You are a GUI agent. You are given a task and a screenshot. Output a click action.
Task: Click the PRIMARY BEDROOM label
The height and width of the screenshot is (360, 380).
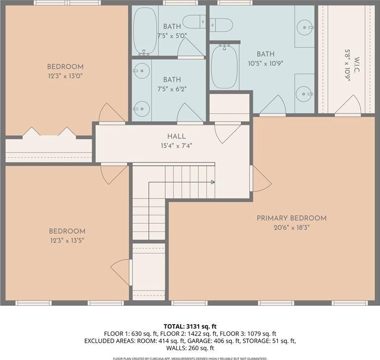click(291, 218)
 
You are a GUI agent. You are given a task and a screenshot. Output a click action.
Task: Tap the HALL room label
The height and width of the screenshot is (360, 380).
click(176, 136)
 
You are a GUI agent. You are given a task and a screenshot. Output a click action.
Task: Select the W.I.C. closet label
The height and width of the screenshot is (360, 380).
click(356, 65)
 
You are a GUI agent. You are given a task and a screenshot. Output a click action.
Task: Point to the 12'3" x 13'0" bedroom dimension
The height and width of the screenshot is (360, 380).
click(65, 76)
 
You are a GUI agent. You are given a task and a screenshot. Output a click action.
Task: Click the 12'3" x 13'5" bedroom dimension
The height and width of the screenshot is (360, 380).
click(67, 240)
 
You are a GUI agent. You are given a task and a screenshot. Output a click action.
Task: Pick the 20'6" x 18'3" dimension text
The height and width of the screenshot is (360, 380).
click(292, 228)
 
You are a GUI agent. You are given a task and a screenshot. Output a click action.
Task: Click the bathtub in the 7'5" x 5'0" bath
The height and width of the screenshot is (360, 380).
click(145, 30)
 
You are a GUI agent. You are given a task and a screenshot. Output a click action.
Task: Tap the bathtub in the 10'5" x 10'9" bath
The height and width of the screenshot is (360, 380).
click(224, 66)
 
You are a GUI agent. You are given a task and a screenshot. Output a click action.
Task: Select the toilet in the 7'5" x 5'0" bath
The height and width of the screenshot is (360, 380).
click(194, 22)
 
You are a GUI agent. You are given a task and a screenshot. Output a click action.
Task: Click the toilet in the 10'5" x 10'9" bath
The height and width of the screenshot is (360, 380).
click(222, 25)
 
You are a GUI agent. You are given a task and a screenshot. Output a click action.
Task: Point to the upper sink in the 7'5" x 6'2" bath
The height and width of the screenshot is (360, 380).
click(142, 71)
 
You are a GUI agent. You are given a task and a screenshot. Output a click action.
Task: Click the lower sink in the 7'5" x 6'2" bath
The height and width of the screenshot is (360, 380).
click(142, 109)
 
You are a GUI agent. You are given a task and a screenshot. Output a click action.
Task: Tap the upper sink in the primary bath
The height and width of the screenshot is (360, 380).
click(305, 28)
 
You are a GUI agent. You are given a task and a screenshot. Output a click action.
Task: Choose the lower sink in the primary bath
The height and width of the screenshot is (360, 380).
click(304, 94)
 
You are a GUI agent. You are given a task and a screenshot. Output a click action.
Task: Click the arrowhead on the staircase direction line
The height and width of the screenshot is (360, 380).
click(213, 182)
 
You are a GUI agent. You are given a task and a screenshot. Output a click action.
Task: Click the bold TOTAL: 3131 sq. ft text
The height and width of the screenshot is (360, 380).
click(190, 326)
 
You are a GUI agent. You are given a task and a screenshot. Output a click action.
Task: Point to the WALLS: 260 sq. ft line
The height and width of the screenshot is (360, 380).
click(190, 348)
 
